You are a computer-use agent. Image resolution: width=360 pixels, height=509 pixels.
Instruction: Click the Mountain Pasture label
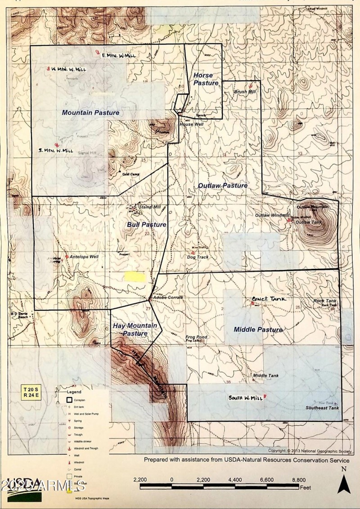[90, 112]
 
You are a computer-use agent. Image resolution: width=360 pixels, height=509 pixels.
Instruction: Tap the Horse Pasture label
[206, 79]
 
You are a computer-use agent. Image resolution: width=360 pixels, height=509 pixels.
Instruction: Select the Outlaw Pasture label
[222, 185]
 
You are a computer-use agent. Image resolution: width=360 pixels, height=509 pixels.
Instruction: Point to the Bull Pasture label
[146, 224]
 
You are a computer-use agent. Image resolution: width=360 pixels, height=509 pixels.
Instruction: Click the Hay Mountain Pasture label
[135, 330]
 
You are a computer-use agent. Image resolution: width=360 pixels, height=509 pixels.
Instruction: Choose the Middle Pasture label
[258, 330]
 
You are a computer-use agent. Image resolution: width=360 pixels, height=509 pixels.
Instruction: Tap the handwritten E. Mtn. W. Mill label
[118, 55]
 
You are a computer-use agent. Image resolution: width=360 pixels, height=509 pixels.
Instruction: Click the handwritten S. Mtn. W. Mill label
[56, 150]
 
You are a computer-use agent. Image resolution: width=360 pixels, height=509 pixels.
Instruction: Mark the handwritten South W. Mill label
[245, 398]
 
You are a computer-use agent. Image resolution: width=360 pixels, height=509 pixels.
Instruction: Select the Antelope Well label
[84, 257]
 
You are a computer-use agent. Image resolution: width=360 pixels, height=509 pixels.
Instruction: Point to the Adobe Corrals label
[168, 298]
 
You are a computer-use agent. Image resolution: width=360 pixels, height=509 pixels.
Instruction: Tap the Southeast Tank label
[322, 408]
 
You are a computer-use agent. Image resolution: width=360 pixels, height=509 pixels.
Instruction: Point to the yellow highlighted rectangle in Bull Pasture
[135, 277]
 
